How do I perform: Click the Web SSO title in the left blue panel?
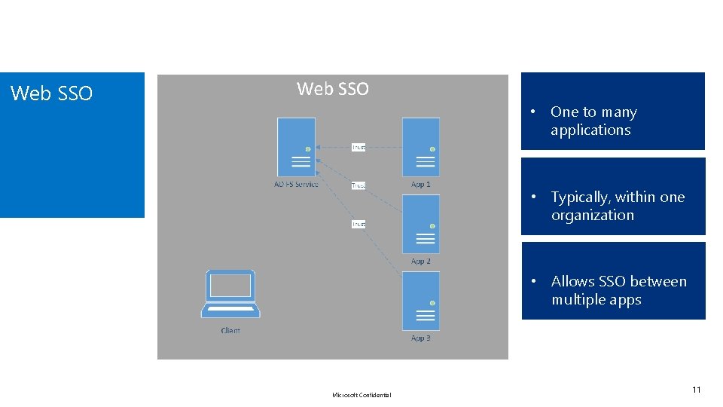pos(51,93)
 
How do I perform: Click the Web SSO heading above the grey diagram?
pos(333,89)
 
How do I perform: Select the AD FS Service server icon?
pos(296,147)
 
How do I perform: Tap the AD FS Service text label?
pos(296,184)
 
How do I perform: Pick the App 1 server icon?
pos(421,147)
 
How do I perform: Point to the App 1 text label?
pos(421,184)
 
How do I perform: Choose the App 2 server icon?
pos(421,225)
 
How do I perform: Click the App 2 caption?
pos(421,262)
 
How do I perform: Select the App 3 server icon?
pos(421,301)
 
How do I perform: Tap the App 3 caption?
pos(421,338)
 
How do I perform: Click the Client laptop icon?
pos(230,295)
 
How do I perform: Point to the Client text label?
pos(230,331)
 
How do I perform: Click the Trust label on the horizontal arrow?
pos(358,147)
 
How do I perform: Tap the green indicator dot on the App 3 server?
pos(432,303)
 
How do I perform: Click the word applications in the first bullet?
pos(590,130)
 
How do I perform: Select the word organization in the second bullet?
pos(593,216)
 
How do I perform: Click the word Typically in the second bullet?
pos(580,197)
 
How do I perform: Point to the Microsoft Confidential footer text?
pos(361,395)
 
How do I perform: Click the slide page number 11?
pos(696,390)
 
